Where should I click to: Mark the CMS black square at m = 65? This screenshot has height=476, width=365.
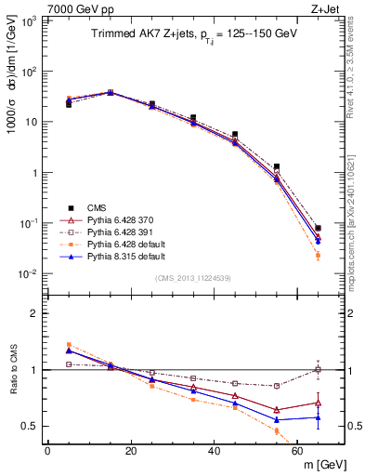[x=319, y=228]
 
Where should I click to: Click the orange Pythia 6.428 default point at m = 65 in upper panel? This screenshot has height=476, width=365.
[x=319, y=255]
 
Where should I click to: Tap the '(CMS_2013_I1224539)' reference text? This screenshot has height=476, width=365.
[x=195, y=277]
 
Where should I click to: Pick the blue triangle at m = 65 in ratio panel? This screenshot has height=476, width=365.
[x=319, y=417]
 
